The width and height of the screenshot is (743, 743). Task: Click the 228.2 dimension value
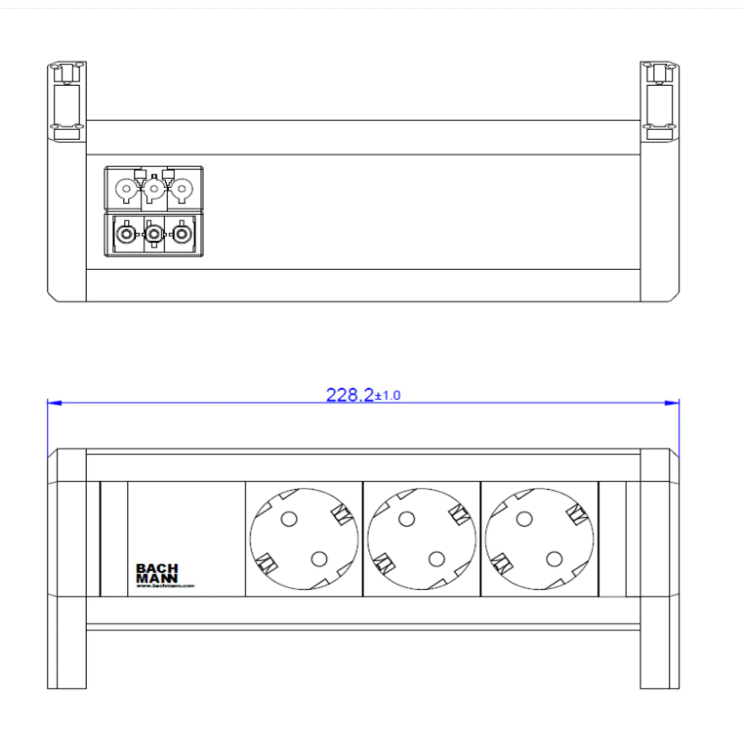coord(350,395)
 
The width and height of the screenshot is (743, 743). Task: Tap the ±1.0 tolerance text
coord(388,396)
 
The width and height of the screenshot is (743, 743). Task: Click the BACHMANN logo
coord(157,574)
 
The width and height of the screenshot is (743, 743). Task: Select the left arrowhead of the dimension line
coord(54,403)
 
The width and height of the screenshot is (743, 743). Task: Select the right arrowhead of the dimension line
coord(672,403)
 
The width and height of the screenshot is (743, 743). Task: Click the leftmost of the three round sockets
coord(304,539)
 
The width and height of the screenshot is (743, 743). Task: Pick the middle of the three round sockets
coord(422,539)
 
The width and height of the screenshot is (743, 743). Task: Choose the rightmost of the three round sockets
coord(539,539)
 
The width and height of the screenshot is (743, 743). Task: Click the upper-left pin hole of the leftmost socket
coord(289,518)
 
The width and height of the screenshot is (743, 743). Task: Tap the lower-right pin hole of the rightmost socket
coord(554,560)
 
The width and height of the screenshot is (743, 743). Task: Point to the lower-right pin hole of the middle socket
coord(437,560)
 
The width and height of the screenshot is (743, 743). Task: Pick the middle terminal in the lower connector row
coord(154,234)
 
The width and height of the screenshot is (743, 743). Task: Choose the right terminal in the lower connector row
coord(181,234)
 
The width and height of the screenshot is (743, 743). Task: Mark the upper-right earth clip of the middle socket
coord(459,513)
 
